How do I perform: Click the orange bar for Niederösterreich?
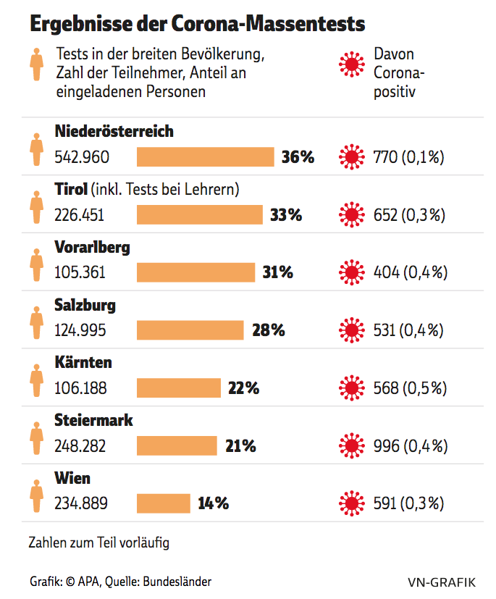206,156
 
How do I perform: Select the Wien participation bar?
164,503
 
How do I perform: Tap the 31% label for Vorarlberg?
277,272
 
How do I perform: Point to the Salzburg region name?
85,305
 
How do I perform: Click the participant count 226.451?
80,214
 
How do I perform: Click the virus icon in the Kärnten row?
352,388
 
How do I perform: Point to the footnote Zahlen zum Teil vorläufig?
99,542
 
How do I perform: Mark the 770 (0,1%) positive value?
408,156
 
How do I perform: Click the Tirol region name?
72,190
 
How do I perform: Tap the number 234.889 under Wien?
80,503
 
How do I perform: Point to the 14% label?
214,503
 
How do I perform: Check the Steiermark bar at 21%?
177,445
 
